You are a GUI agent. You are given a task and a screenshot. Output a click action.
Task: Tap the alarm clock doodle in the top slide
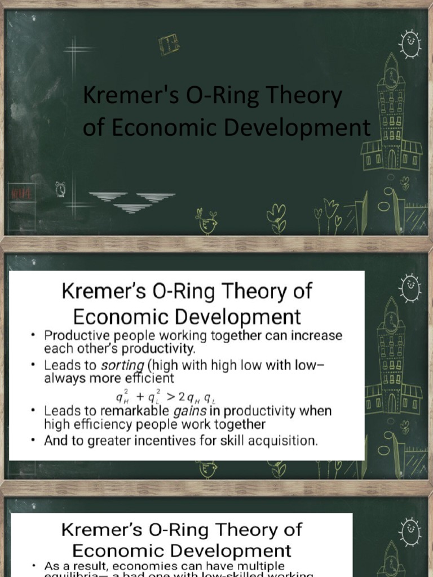coord(60,190)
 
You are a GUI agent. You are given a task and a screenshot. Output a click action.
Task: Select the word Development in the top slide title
coord(298,127)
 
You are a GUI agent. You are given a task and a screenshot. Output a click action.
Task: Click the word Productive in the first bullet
coord(77,335)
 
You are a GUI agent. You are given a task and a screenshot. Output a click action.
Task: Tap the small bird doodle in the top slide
coord(206,222)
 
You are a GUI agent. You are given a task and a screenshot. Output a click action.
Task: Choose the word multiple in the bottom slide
coord(258,565)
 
